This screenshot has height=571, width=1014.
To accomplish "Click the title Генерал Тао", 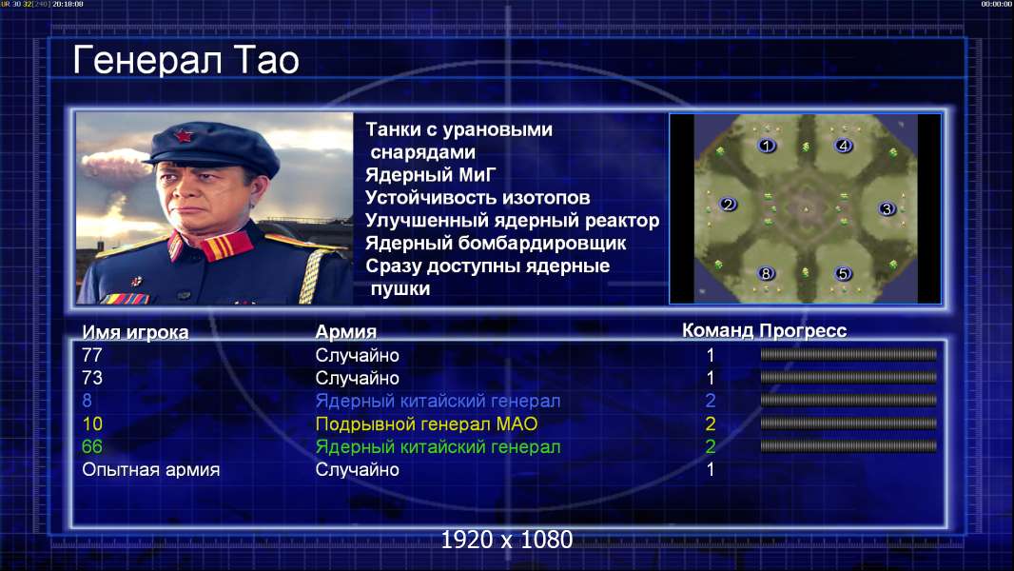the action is [x=185, y=61].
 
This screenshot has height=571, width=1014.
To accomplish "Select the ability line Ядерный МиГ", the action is [x=431, y=175].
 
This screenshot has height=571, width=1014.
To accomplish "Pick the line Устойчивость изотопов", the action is [x=478, y=198].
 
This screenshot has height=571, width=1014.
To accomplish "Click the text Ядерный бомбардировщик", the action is [x=496, y=243].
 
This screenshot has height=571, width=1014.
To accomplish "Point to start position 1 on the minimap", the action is [x=767, y=147].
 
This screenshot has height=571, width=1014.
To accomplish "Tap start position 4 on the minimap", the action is [x=844, y=147].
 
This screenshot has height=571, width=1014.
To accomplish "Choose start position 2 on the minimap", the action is [x=729, y=205].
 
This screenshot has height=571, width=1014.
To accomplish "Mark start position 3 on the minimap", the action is [x=887, y=208].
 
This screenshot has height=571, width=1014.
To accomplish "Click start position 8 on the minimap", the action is [x=766, y=273].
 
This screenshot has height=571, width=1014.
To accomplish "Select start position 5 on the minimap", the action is [x=843, y=273].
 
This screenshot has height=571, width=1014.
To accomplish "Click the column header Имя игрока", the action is [x=135, y=332].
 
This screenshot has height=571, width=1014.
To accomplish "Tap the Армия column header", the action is [x=346, y=332].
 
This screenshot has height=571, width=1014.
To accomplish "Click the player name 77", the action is [x=92, y=355].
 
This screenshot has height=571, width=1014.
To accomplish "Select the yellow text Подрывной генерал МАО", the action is [x=426, y=424].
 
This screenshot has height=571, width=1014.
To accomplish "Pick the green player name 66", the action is [x=92, y=447].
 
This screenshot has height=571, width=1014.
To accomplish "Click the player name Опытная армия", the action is [x=150, y=470].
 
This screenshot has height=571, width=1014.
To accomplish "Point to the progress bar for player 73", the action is [x=848, y=377].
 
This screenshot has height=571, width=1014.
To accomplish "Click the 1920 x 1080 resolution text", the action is [x=506, y=540].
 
